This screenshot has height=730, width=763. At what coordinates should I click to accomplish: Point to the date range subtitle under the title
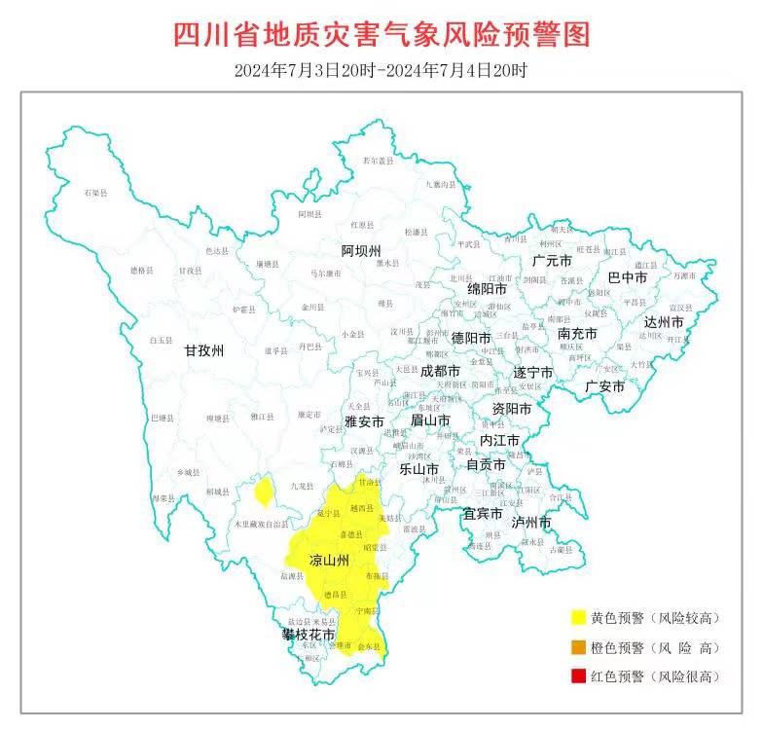[381, 70]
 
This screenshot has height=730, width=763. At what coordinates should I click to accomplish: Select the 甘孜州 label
[204, 351]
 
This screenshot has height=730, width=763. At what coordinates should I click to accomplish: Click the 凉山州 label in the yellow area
[330, 561]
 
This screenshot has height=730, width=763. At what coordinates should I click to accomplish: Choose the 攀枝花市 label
[309, 635]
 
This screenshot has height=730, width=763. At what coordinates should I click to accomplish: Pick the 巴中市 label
[628, 277]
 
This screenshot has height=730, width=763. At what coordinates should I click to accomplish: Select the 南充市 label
[577, 334]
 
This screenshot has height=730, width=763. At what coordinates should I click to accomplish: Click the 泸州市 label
[531, 523]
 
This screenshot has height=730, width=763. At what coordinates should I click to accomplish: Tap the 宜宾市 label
[482, 513]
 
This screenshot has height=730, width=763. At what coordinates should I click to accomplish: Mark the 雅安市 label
[365, 421]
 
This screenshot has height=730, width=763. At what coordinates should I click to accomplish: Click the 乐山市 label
[420, 468]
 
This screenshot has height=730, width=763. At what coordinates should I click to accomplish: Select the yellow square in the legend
[579, 618]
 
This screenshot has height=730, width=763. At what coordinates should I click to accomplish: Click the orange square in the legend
[579, 647]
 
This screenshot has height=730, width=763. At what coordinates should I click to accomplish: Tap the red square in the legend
[579, 676]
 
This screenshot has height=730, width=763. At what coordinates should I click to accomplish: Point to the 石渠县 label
[95, 195]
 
